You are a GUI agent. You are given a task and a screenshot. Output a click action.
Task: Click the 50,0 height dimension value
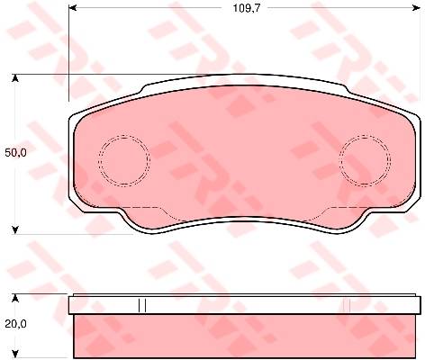(x=15, y=153)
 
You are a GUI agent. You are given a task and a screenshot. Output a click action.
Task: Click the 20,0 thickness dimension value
(x=15, y=324)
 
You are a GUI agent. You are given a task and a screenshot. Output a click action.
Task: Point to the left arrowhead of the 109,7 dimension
(x=73, y=8)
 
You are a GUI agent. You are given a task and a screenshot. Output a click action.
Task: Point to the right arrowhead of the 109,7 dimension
(x=417, y=8)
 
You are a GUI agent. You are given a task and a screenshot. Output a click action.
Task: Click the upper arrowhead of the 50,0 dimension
(x=15, y=78)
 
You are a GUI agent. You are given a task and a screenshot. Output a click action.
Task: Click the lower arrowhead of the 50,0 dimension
(x=15, y=229)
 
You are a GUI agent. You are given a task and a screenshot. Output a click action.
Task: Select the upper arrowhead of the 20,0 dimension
(x=15, y=298)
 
